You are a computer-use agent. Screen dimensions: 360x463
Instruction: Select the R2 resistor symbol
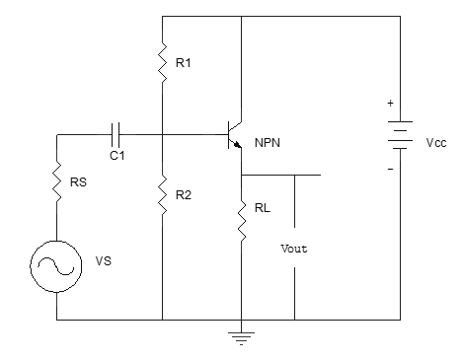click(x=161, y=194)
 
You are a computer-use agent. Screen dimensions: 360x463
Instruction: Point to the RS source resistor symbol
click(x=57, y=181)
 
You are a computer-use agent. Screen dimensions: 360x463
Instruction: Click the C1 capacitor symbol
click(x=116, y=131)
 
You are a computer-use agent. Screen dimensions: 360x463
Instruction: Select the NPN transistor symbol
click(x=235, y=133)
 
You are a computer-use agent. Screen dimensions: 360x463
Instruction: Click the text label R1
click(x=184, y=63)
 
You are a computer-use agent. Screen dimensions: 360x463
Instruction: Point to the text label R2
click(x=183, y=194)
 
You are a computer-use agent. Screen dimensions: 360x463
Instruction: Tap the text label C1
click(x=116, y=154)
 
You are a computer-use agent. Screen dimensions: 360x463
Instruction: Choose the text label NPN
click(x=268, y=142)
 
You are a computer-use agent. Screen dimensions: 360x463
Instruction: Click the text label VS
click(x=103, y=262)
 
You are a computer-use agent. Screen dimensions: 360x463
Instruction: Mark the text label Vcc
click(x=435, y=142)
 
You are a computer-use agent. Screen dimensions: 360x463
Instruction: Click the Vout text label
click(x=294, y=249)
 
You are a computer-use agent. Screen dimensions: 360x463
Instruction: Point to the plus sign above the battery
click(x=388, y=103)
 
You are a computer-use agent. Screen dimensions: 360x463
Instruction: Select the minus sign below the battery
click(x=388, y=167)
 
